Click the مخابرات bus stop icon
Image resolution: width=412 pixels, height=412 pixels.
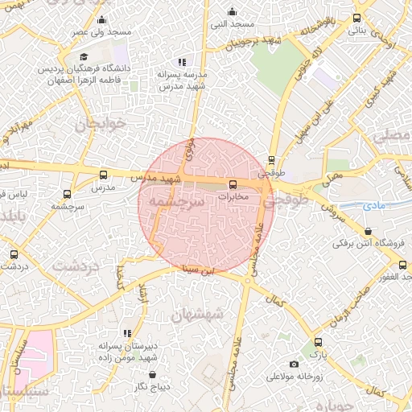pyautogui.click(x=233, y=184)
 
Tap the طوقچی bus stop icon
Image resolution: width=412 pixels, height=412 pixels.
pyautogui.click(x=271, y=160)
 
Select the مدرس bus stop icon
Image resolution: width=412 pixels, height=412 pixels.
pyautogui.click(x=102, y=175)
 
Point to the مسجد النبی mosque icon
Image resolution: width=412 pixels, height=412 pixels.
pyautogui.click(x=232, y=11)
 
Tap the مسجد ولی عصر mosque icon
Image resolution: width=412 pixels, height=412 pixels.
pyautogui.click(x=101, y=19)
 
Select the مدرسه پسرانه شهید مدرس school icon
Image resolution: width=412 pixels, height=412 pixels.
pyautogui.click(x=182, y=62)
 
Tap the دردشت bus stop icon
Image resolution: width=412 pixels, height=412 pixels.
pyautogui.click(x=12, y=253)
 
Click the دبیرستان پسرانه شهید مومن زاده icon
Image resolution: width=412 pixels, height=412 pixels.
pyautogui.click(x=127, y=333)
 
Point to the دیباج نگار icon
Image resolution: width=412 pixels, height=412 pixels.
pyautogui.click(x=153, y=374)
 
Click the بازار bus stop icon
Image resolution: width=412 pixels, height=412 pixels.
pyautogui.click(x=318, y=342)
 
